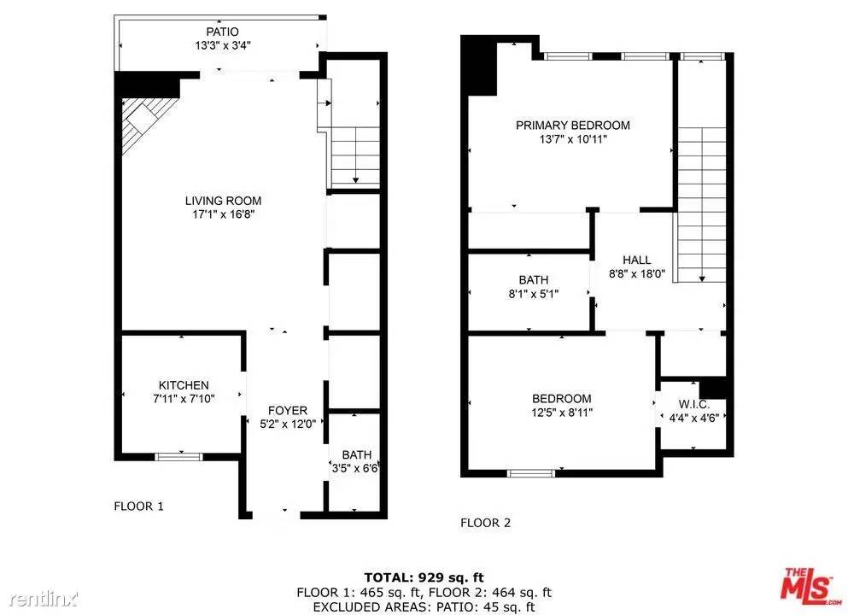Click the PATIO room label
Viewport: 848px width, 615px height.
tap(222, 32)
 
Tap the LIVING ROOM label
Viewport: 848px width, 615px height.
tap(223, 201)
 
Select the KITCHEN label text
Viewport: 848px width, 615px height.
tap(184, 385)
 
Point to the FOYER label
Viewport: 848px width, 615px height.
tap(287, 411)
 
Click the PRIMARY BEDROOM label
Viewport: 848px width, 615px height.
tap(573, 126)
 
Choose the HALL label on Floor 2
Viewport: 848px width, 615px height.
tap(636, 261)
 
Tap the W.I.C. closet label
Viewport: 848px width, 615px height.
tap(694, 404)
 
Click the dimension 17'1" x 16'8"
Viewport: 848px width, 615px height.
tap(224, 214)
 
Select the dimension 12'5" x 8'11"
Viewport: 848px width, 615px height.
tap(562, 413)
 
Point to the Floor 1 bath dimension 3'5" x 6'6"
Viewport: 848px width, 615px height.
tap(354, 468)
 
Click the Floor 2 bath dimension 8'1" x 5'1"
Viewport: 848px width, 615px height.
tap(533, 294)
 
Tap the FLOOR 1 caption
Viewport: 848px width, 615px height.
tap(138, 507)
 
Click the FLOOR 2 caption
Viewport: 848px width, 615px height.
tap(485, 523)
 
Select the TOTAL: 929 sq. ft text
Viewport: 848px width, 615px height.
tap(424, 577)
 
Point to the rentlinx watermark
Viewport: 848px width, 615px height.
tap(44, 599)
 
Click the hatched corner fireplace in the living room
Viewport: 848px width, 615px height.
tap(145, 122)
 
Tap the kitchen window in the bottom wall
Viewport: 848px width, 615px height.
tap(178, 457)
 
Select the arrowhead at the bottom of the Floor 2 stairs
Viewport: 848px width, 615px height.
tap(702, 278)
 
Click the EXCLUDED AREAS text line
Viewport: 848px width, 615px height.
tap(424, 607)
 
